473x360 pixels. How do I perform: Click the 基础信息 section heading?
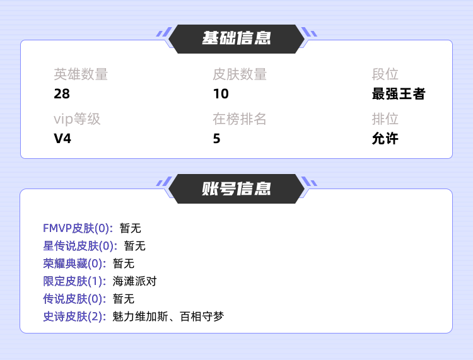pos(237,38)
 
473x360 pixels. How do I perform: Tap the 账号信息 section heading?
pos(237,189)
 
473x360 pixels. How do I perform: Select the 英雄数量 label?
pos(81,74)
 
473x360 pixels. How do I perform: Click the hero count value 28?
pos(62,94)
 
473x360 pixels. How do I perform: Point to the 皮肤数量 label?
pos(240,74)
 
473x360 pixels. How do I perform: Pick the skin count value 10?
pos(221,94)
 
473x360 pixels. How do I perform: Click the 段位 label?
pos(385,74)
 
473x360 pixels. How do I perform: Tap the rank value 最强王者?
pos(399,94)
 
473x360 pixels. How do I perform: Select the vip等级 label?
pos(77,119)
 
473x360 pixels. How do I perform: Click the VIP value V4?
pos(62,139)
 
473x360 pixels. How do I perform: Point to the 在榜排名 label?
pos(240,119)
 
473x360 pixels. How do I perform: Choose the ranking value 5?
pos(216,139)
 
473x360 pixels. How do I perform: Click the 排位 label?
pos(385,119)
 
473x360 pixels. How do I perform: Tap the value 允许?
pos(385,139)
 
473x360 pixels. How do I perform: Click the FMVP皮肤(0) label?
pos(78,228)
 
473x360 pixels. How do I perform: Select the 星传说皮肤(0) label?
pos(80,246)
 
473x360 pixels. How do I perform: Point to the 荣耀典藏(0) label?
pos(74,264)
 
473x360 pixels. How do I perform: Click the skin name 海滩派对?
pos(134,281)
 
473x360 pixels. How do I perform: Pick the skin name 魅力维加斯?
pos(140,316)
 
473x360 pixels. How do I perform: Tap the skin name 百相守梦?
pos(202,316)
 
